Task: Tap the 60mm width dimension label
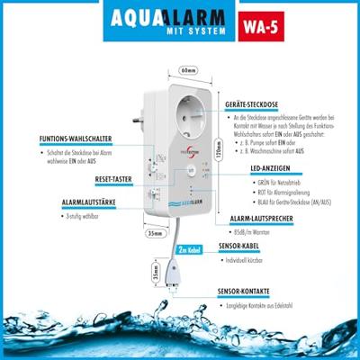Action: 187,68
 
